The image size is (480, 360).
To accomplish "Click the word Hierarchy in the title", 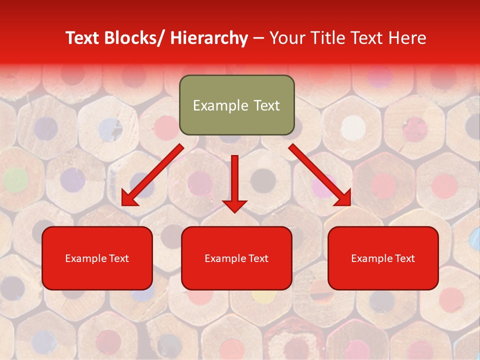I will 209,38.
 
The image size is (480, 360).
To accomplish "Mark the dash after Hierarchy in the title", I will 258,39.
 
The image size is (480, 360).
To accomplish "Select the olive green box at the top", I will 236,105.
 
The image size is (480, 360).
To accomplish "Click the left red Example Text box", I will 97,258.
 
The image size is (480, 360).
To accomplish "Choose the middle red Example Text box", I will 236,258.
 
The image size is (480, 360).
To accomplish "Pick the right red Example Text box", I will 383,258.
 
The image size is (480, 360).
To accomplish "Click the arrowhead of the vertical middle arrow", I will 234,205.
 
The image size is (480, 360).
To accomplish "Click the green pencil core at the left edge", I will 15,178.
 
